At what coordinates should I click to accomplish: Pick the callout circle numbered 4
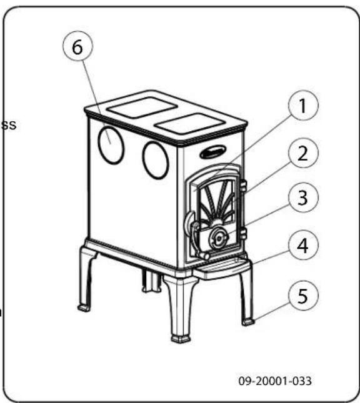pos(302,246)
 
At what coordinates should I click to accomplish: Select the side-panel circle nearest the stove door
pos(155,160)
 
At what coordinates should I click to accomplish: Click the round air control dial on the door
pos(217,238)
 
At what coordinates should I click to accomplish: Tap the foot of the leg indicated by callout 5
pos(248,322)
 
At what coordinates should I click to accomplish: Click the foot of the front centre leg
pos(181,338)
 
